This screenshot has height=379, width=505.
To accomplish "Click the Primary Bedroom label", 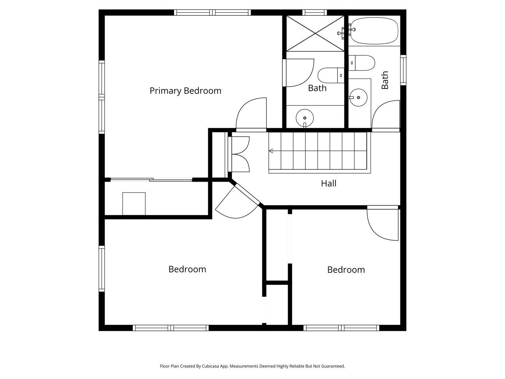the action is pos(185,91).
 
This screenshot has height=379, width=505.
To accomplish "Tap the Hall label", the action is pos(329,184).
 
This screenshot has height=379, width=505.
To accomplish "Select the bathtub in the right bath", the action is pos(374,31).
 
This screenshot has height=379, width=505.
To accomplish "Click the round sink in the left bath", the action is pos(305,118).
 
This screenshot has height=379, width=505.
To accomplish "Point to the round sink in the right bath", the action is pos(358,98).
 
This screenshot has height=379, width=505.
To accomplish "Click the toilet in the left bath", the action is pos(331,75).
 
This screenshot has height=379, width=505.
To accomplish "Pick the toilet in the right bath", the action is pos(362,63).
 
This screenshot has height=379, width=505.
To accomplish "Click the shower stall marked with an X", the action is pos(315,34).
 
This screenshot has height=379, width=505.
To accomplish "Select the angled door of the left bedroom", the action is pos(237,203).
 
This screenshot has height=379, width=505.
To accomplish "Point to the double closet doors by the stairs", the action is pos(239,154).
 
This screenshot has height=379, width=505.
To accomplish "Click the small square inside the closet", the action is pos(134,204).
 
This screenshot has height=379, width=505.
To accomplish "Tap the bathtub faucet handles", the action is pos(346,32).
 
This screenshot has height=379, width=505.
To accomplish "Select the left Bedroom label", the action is pos(187,269).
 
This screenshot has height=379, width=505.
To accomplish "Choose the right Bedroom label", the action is pos(346,270).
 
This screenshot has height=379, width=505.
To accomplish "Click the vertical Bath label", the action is pos(385,80).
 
